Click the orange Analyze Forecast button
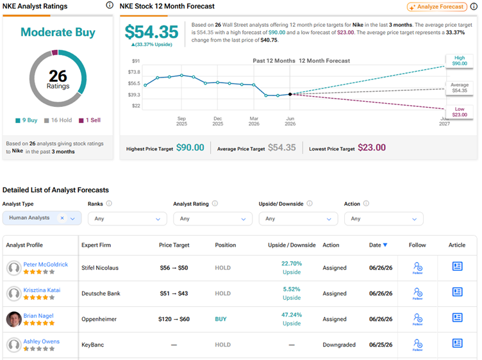coord(437,7)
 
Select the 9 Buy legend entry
coord(26,120)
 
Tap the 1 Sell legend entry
coord(90,120)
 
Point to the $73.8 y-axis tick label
coord(134,72)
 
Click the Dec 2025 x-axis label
coord(218,121)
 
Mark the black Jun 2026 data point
coord(290,94)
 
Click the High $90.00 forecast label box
coord(460,61)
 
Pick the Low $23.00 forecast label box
coord(460,112)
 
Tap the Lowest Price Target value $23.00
coord(372,147)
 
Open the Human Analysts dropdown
coord(72,218)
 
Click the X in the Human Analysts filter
coord(62,218)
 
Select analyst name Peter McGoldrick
coord(46,265)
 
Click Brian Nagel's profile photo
coord(14,319)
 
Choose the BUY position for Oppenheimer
coord(220,319)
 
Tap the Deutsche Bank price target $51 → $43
coord(174,293)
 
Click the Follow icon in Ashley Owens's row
coord(417,345)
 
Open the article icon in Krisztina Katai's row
coord(457,292)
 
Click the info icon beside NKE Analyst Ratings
coord(110,5)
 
